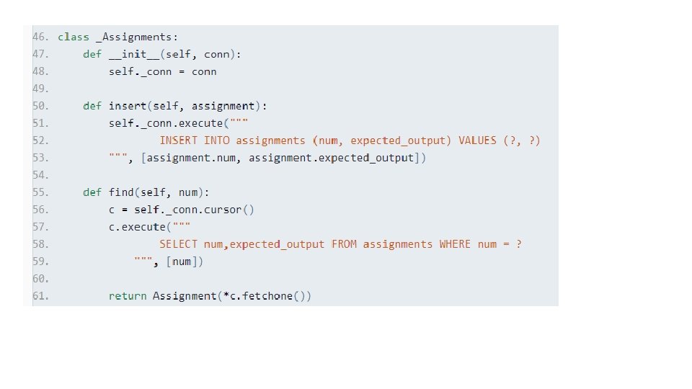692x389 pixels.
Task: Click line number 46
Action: (x=40, y=37)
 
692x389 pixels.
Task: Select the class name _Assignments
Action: (x=137, y=37)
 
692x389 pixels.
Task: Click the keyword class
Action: (x=74, y=37)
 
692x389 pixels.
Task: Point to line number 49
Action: (x=40, y=89)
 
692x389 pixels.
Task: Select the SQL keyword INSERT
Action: (x=179, y=140)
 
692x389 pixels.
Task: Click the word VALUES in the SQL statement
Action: (x=477, y=140)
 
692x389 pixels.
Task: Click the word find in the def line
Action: (x=121, y=192)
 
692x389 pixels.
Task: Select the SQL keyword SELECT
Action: (x=179, y=244)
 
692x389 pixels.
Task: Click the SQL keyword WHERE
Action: (x=455, y=244)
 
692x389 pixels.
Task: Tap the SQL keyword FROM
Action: (x=344, y=244)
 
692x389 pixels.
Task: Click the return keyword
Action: (x=128, y=296)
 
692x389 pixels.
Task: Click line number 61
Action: (x=40, y=296)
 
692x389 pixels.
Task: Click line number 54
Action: (x=40, y=175)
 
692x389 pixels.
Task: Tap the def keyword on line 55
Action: (x=92, y=192)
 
